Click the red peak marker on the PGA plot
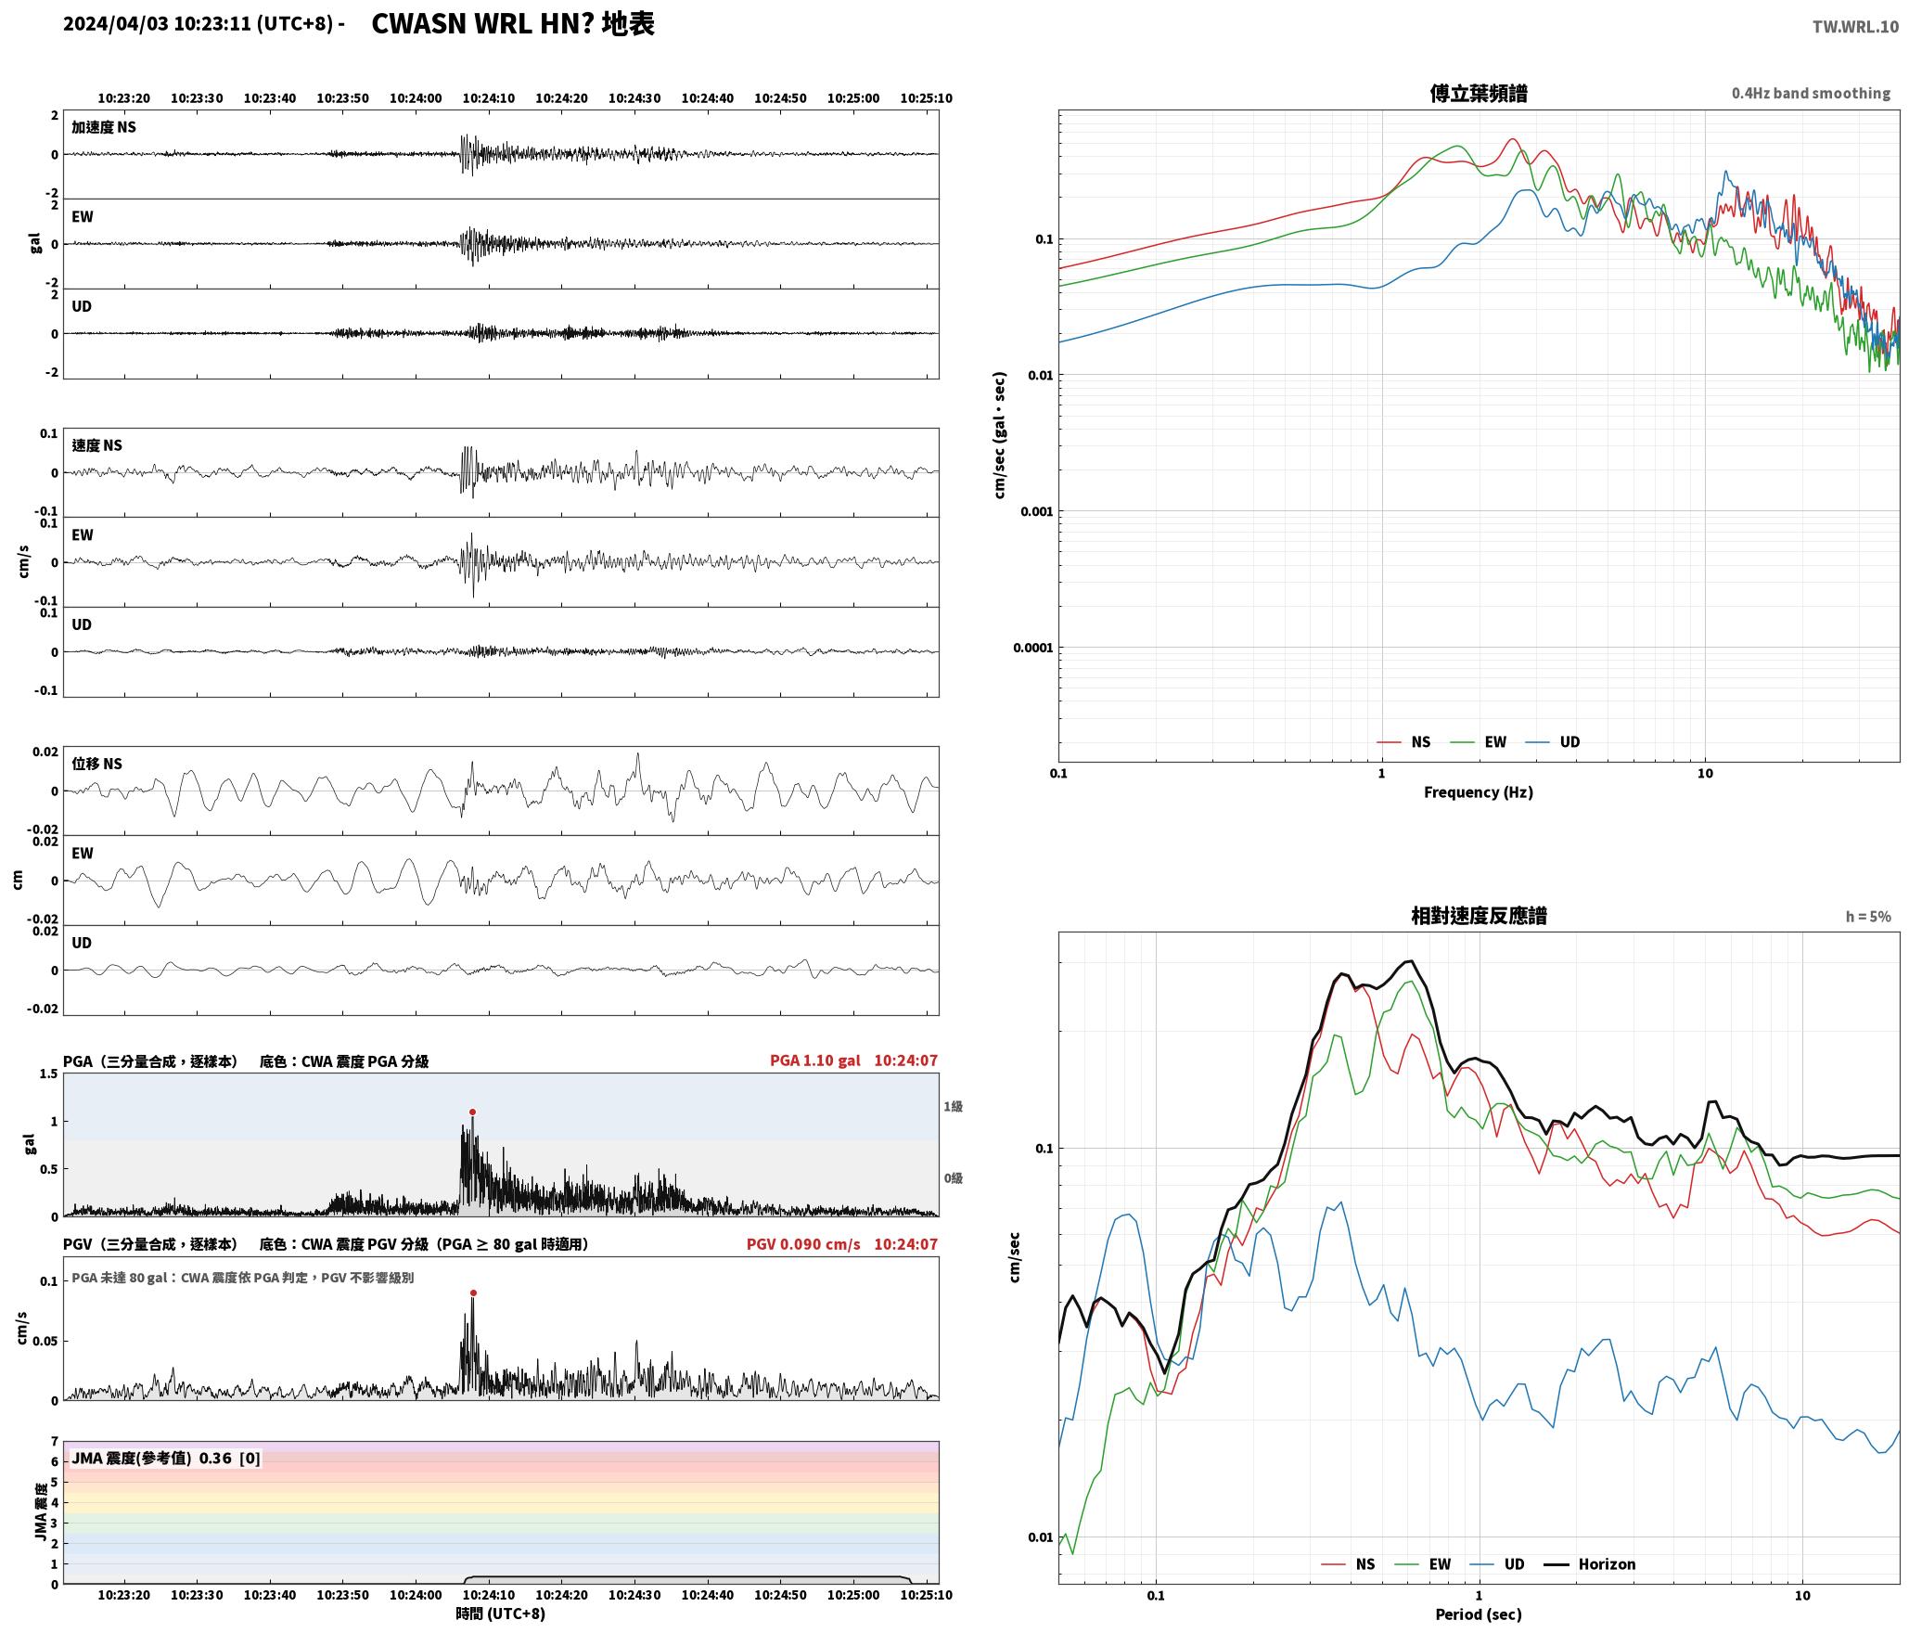472,1112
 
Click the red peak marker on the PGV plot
473,1292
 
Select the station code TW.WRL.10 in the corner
1855,27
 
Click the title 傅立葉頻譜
1479,93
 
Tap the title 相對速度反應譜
1479,916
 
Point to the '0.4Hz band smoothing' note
1811,93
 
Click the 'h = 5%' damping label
1868,917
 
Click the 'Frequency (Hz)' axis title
1479,792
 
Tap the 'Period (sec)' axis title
1479,1615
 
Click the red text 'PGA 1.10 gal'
814,1061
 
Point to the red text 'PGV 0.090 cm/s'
803,1244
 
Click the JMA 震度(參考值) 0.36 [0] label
166,1459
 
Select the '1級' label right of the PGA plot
954,1106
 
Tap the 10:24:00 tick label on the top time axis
416,98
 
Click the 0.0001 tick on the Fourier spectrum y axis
1033,648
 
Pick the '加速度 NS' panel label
104,127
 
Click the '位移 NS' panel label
97,764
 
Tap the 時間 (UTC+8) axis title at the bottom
501,1614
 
